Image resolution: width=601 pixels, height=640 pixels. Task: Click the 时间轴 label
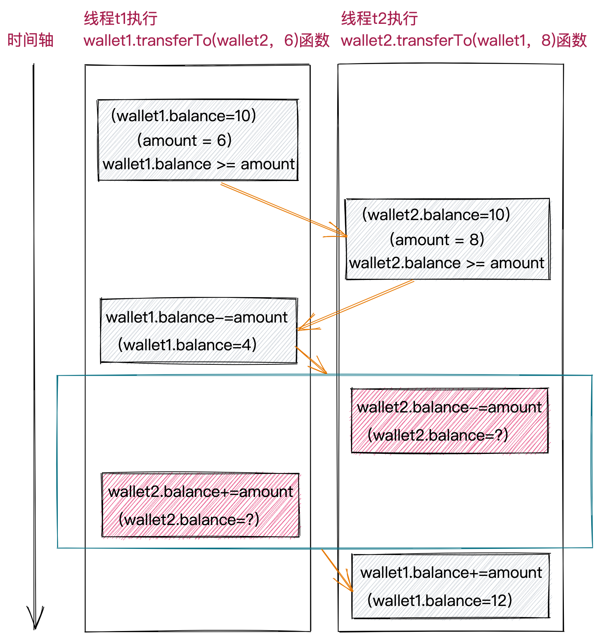(30, 40)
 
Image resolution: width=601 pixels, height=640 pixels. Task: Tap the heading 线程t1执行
(120, 18)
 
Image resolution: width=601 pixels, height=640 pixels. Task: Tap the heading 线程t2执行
(379, 18)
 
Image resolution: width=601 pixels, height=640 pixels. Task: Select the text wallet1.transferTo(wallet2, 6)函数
(206, 40)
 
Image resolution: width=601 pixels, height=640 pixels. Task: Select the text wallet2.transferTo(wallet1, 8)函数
(463, 40)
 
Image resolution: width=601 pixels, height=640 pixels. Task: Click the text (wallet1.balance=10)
(183, 116)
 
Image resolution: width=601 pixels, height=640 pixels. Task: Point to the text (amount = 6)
(184, 140)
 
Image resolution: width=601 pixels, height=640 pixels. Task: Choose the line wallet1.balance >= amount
(199, 164)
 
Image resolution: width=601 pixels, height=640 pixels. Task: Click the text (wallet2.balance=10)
(436, 215)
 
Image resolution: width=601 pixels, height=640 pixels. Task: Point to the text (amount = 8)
(436, 239)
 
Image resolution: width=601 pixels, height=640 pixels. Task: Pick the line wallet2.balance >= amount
(447, 263)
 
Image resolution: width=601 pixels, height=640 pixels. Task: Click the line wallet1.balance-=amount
(197, 317)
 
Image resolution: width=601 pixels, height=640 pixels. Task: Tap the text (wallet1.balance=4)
(187, 345)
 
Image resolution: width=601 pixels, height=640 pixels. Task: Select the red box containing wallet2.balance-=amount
(449, 421)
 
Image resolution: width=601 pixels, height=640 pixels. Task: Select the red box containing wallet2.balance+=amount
(200, 505)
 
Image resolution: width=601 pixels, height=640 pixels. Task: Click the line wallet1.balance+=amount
(451, 573)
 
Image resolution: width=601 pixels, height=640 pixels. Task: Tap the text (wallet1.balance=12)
(439, 601)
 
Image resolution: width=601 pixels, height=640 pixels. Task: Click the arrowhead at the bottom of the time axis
(35, 620)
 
